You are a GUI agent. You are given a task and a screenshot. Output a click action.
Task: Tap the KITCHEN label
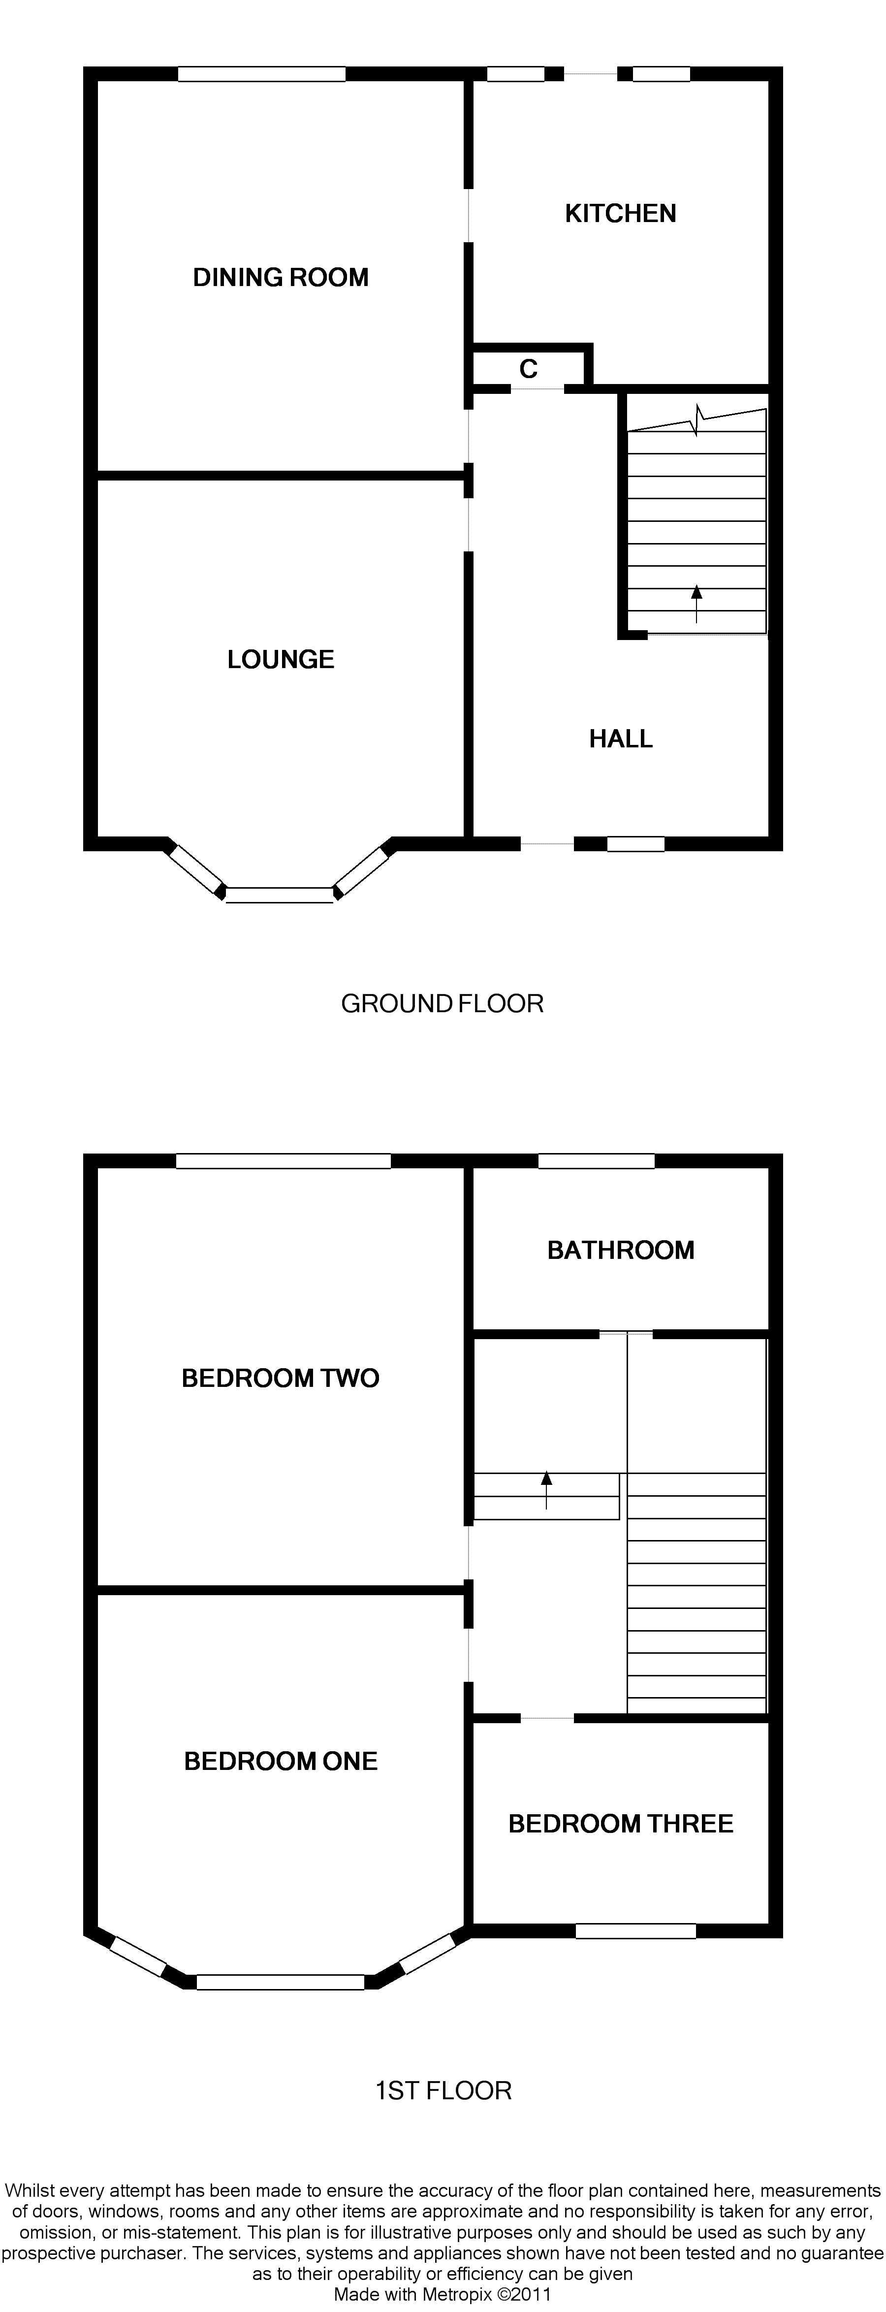(620, 214)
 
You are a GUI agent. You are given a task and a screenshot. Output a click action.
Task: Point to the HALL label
(620, 739)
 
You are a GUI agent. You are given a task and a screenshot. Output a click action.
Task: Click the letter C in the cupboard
(529, 369)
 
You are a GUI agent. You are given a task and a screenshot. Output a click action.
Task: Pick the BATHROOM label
(620, 1250)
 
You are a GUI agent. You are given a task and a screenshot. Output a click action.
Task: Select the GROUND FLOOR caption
(443, 1003)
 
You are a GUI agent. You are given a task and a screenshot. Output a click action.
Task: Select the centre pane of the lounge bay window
(279, 894)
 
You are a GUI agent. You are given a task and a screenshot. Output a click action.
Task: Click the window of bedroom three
(635, 1930)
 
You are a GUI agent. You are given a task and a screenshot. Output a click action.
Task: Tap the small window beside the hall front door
(635, 844)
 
